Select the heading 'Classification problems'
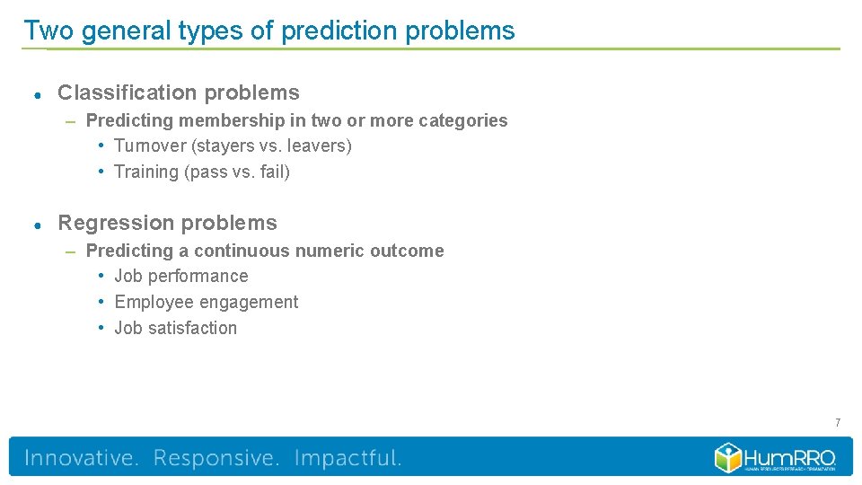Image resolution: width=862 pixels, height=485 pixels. [179, 93]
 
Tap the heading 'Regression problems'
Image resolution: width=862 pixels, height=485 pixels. [167, 223]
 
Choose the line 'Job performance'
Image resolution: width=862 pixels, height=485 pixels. [180, 276]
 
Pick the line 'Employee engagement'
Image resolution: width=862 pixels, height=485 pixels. [206, 302]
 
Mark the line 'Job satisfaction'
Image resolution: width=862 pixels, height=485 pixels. [175, 328]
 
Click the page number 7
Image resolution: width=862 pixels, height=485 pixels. [837, 422]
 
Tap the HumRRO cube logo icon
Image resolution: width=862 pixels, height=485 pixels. [728, 457]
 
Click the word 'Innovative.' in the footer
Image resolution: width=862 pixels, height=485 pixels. [82, 458]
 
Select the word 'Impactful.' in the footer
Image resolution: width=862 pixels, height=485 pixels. [347, 458]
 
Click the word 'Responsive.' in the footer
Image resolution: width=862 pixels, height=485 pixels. [216, 458]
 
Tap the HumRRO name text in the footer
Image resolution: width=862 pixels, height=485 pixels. [790, 454]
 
